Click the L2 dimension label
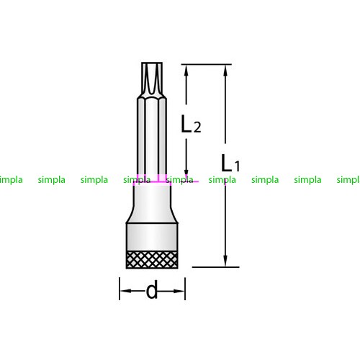coord(191,124)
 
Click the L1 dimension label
coord(230,163)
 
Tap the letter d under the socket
coord(152,289)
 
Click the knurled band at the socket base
coord(152,260)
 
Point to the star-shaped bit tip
coord(152,80)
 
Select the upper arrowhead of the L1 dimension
coord(225,71)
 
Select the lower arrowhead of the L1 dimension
coord(225,261)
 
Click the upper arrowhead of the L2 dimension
coord(186,71)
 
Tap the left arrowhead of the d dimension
coord(126,291)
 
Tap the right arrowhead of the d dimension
coord(179,291)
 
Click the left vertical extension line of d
coord(120,289)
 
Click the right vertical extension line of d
coord(185,289)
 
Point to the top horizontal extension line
coord(207,64)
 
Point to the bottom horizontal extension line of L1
coord(216,267)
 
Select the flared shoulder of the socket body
coord(152,203)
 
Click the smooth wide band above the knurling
coord(152,237)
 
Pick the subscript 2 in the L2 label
coord(197,127)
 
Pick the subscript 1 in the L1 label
coord(237,166)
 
